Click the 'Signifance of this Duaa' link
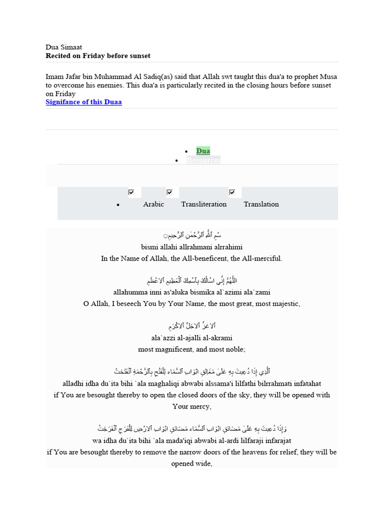[83, 102]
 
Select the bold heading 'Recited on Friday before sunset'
[98, 55]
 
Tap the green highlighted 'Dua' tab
[203, 151]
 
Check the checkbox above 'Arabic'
[131, 192]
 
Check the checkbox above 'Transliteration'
[169, 192]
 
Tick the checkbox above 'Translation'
[232, 192]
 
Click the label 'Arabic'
[153, 204]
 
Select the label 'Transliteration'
[204, 204]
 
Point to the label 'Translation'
[261, 204]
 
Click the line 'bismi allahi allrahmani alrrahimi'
[191, 247]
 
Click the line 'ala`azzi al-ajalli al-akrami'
[192, 338]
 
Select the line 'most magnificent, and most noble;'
[192, 349]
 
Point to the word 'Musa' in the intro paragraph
[328, 77]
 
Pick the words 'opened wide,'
[192, 463]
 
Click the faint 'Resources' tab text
[203, 160]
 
